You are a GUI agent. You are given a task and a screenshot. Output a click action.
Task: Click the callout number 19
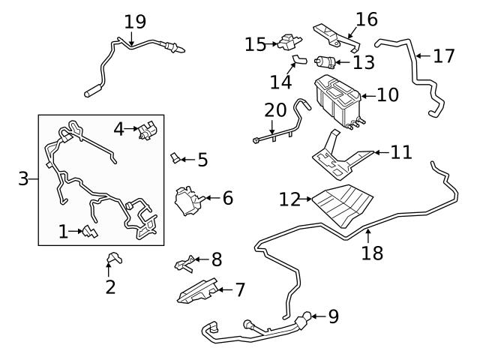pos(135,22)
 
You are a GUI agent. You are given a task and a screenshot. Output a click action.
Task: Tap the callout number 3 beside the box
pos(24,178)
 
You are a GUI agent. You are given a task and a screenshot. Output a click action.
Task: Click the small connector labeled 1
pos(88,231)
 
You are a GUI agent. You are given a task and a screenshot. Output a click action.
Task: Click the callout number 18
pos(372,253)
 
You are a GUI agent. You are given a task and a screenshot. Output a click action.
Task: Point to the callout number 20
pos(275,110)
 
